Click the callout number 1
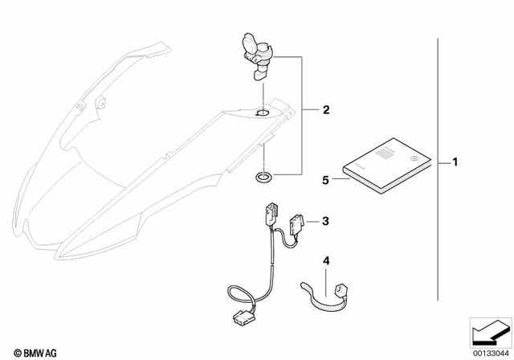[x=455, y=164]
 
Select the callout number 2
[x=326, y=108]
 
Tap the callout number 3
[x=326, y=220]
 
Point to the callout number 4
[x=326, y=261]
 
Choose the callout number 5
[x=326, y=181]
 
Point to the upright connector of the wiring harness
[x=267, y=218]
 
